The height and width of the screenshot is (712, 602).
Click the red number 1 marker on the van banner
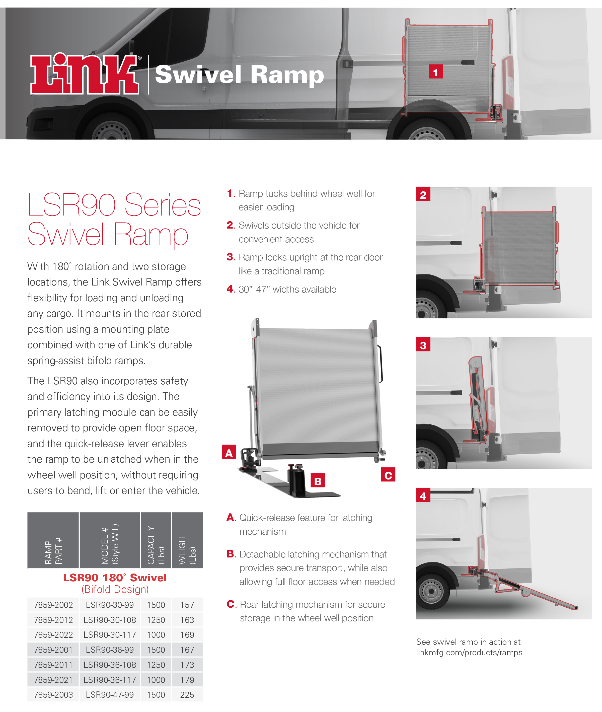tap(435, 72)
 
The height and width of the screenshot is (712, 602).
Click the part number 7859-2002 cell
tap(53, 605)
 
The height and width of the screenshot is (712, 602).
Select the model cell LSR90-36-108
tap(110, 665)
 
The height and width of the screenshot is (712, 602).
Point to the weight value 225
tap(187, 695)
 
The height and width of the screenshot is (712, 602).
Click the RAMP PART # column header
tap(53, 541)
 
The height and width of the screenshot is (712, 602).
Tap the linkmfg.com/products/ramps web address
tap(469, 652)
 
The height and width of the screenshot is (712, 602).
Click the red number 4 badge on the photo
tap(423, 495)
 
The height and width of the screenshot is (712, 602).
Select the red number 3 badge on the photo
tap(423, 345)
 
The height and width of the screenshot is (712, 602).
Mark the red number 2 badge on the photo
tap(423, 194)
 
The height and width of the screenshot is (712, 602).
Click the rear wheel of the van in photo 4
tap(431, 591)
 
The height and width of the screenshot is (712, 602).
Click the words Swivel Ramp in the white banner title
tap(239, 75)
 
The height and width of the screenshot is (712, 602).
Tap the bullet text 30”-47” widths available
tap(287, 290)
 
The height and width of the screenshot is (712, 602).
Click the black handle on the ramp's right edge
tap(381, 364)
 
